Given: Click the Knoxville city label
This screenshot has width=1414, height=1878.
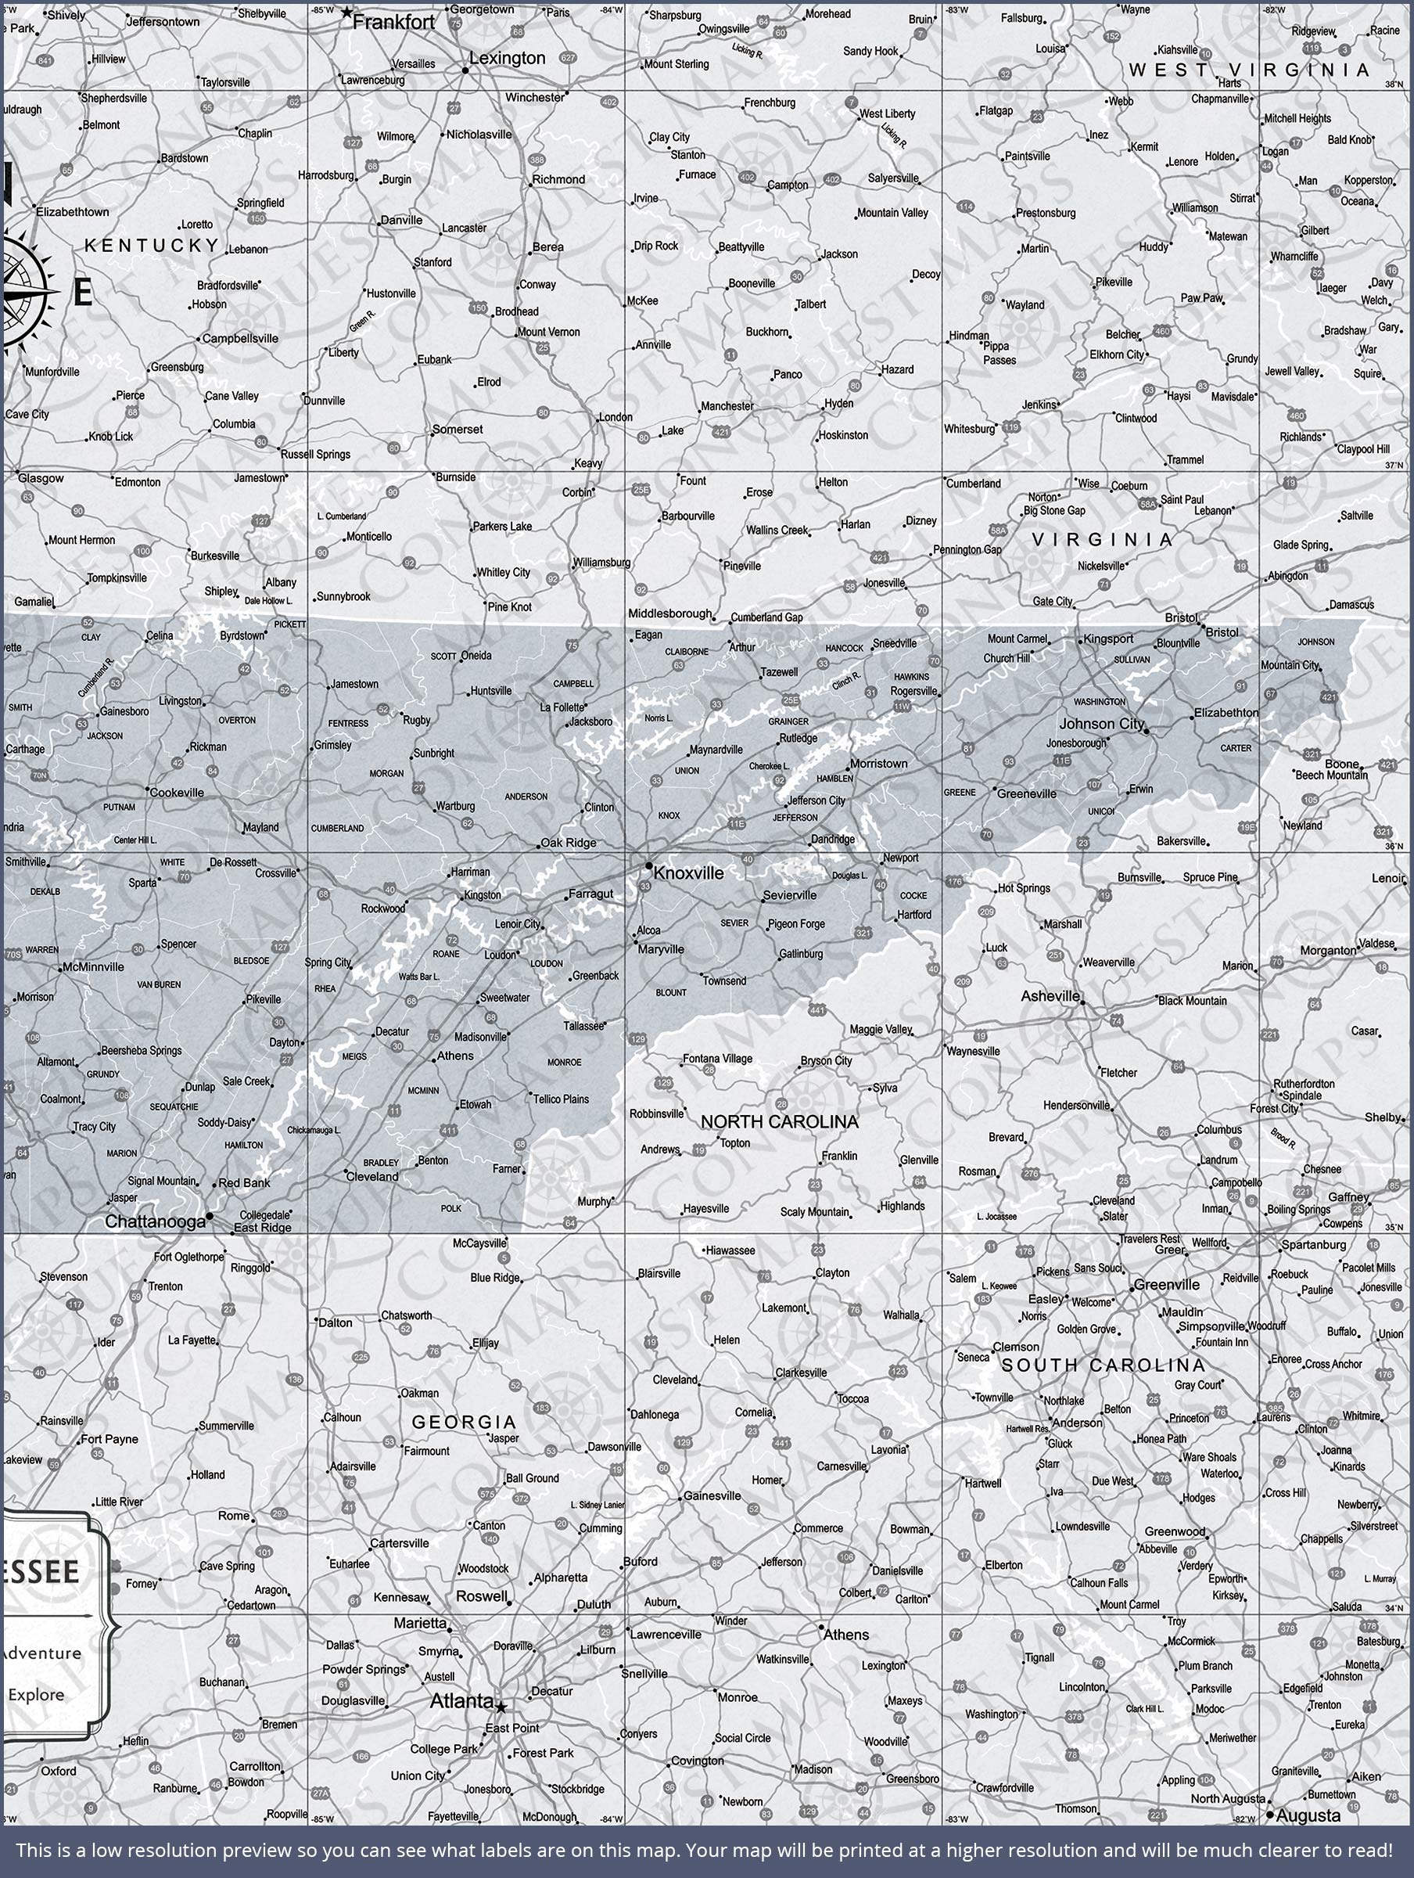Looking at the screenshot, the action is pyautogui.click(x=688, y=872).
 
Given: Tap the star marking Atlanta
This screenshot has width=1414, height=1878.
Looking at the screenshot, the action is pyautogui.click(x=501, y=1707).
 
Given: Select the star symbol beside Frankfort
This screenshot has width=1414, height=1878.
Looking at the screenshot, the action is pyautogui.click(x=346, y=13).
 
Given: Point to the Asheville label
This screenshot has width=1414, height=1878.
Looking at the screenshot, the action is pyautogui.click(x=1050, y=996).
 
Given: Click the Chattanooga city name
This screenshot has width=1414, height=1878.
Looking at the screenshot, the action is pyautogui.click(x=156, y=1221).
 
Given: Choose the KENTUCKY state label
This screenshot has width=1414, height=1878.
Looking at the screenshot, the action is pyautogui.click(x=152, y=246).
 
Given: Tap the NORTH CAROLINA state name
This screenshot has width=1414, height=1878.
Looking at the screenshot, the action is pyautogui.click(x=779, y=1121).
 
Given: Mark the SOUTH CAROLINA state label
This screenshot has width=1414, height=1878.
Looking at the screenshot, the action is pyautogui.click(x=1103, y=1365).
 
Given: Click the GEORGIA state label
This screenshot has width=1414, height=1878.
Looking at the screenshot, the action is pyautogui.click(x=464, y=1421).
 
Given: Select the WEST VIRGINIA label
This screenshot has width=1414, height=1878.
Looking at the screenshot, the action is pyautogui.click(x=1248, y=70).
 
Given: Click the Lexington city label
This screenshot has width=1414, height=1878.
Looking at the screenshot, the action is pyautogui.click(x=507, y=58).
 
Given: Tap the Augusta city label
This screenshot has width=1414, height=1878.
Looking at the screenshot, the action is pyautogui.click(x=1308, y=1816).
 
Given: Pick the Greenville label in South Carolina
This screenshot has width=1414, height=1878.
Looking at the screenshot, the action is pyautogui.click(x=1167, y=1285).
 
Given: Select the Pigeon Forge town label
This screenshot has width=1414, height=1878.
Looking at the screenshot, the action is pyautogui.click(x=795, y=923).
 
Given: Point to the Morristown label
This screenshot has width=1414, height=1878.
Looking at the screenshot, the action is pyautogui.click(x=878, y=763).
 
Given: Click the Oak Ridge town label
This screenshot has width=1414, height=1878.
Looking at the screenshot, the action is pyautogui.click(x=568, y=843).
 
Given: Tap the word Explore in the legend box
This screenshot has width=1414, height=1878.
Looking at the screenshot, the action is pyautogui.click(x=36, y=1695).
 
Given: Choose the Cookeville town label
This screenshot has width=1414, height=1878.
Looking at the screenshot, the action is pyautogui.click(x=177, y=792).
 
